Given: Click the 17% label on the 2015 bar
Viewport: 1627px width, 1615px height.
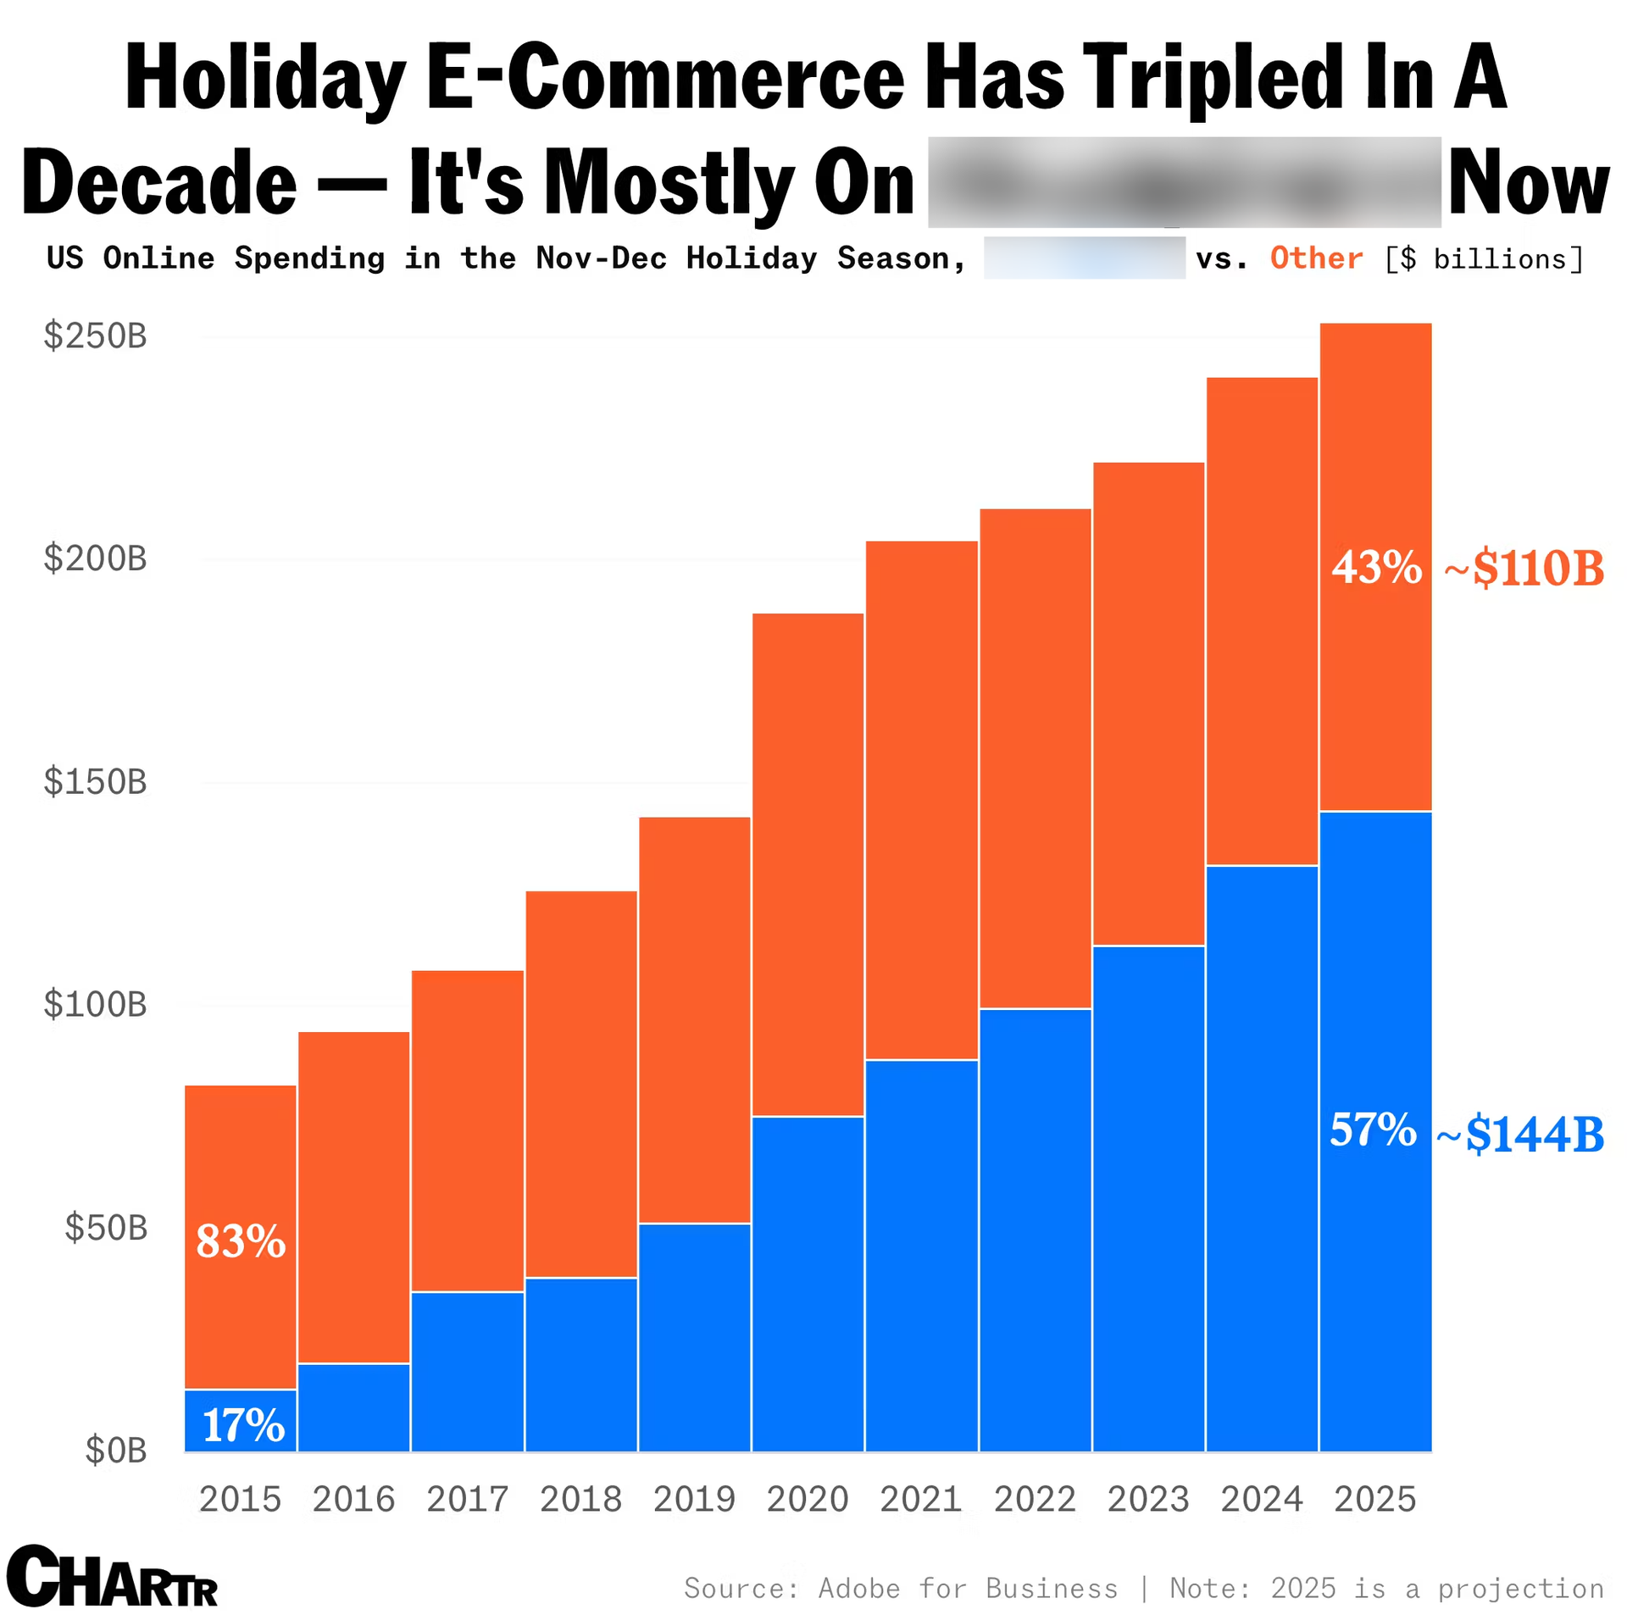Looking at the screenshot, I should (243, 1425).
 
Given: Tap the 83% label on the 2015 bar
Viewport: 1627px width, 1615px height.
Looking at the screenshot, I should (241, 1241).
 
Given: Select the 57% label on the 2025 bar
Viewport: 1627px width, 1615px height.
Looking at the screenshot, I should (1373, 1129).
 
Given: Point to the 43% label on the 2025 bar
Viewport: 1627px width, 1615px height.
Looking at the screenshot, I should (1376, 567).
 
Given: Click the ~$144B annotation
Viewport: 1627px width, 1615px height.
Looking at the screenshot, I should (1520, 1135).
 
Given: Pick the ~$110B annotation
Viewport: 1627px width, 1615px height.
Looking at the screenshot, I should (1524, 568).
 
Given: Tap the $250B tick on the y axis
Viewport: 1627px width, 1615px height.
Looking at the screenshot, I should (96, 336).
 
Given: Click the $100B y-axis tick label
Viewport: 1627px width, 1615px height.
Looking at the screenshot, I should (96, 1004).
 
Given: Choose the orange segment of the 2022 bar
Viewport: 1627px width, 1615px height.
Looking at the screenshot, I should (1035, 758).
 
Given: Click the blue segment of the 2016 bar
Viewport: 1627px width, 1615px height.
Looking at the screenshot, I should (354, 1407).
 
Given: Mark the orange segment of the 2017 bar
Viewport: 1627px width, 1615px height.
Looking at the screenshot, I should (468, 1130).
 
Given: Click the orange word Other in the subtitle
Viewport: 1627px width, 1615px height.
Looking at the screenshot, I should (1316, 258).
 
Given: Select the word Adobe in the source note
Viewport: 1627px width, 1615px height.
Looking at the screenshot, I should (858, 1588).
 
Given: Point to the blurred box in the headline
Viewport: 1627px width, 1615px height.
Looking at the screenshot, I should (1184, 181).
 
